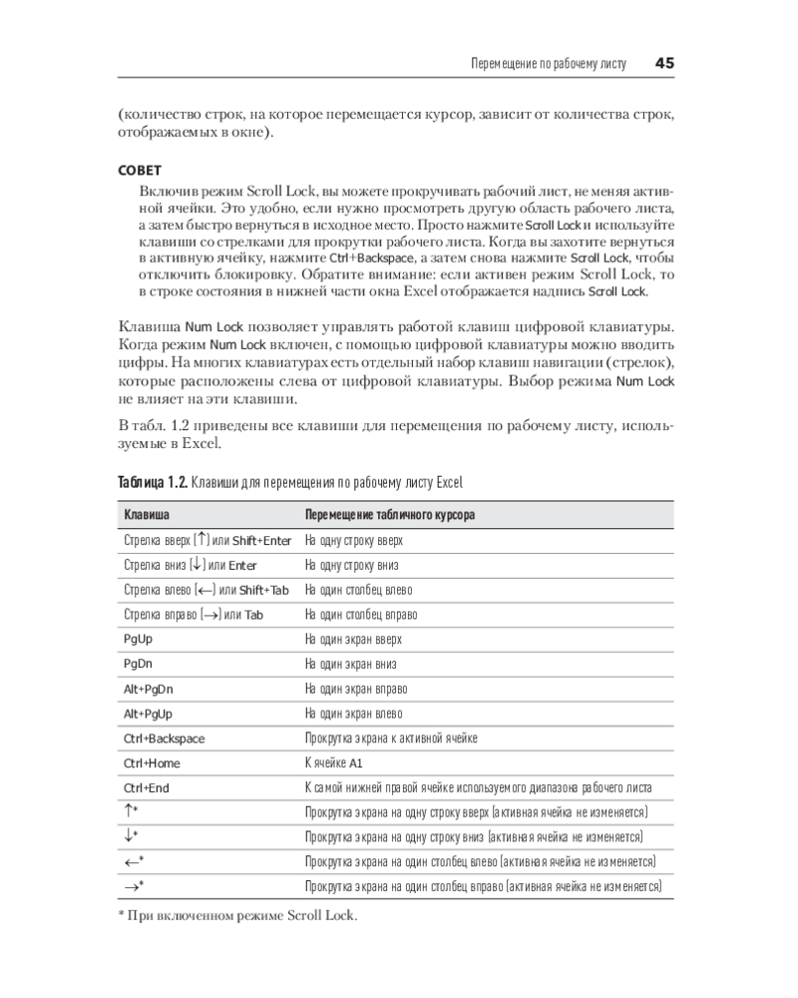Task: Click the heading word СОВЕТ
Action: coord(140,171)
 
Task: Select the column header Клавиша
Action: coord(145,515)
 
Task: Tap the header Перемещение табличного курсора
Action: coord(389,515)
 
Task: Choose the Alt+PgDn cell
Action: coord(149,689)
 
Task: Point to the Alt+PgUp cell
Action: coord(149,714)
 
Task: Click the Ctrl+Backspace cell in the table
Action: coord(164,739)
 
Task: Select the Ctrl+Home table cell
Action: coord(152,763)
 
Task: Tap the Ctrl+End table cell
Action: coord(148,788)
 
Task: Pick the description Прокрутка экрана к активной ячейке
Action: coord(391,739)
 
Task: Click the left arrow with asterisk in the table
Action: coord(134,860)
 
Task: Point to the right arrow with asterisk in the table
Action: coord(134,885)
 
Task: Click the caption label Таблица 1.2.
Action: coord(153,483)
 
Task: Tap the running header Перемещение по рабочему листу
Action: coord(548,64)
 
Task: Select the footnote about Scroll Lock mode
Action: coord(236,915)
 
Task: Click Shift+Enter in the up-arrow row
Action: coord(261,540)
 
